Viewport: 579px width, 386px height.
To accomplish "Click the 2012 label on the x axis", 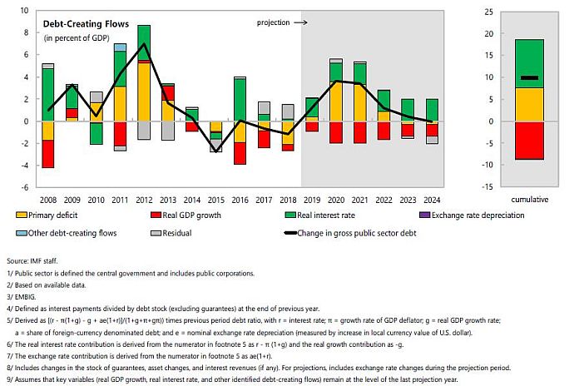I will [x=143, y=200].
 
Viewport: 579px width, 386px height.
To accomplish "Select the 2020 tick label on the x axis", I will [x=335, y=200].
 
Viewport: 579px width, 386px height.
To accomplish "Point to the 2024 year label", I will [x=431, y=200].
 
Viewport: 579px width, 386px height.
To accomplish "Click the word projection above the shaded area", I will [x=274, y=23].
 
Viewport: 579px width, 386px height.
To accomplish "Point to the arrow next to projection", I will [x=302, y=23].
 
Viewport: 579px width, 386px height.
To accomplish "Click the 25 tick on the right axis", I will [x=557, y=12].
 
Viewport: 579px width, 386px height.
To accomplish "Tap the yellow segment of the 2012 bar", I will [x=143, y=92].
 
